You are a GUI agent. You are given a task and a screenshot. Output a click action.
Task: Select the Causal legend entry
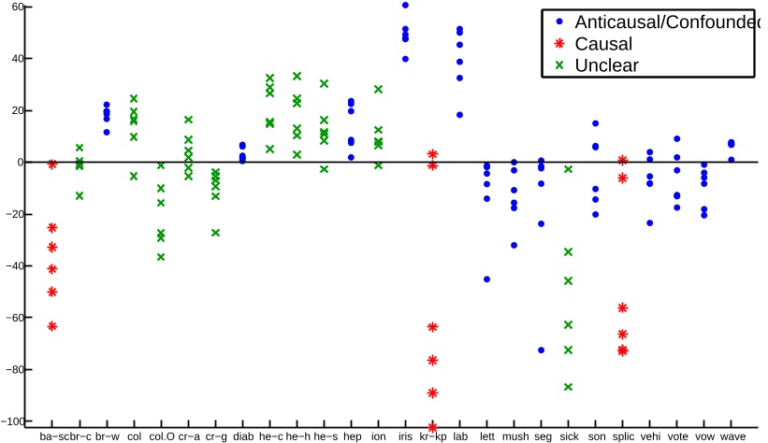[604, 43]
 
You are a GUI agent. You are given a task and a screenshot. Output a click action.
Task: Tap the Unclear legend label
[606, 64]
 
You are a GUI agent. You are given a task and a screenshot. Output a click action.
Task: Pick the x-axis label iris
[405, 436]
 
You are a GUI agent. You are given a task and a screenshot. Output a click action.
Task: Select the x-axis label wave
[732, 436]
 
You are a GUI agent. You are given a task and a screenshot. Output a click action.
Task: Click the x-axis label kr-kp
[432, 436]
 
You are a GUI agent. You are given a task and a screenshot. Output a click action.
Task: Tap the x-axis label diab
[242, 436]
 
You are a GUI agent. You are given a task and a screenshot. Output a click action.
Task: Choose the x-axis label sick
[568, 436]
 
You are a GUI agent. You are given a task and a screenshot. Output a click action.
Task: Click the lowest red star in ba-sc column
[52, 326]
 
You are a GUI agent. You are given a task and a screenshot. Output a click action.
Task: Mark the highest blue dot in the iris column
[405, 6]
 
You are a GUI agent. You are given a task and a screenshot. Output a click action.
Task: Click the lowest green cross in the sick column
[568, 387]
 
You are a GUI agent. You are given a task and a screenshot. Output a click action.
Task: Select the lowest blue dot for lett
[486, 279]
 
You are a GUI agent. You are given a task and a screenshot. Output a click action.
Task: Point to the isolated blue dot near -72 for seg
[541, 350]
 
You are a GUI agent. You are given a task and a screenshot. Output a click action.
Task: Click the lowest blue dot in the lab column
[459, 115]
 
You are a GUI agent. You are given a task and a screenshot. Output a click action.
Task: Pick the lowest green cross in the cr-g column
[215, 233]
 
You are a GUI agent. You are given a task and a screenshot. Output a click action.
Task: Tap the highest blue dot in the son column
[595, 123]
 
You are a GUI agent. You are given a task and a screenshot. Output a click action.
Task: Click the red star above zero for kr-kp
[432, 154]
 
